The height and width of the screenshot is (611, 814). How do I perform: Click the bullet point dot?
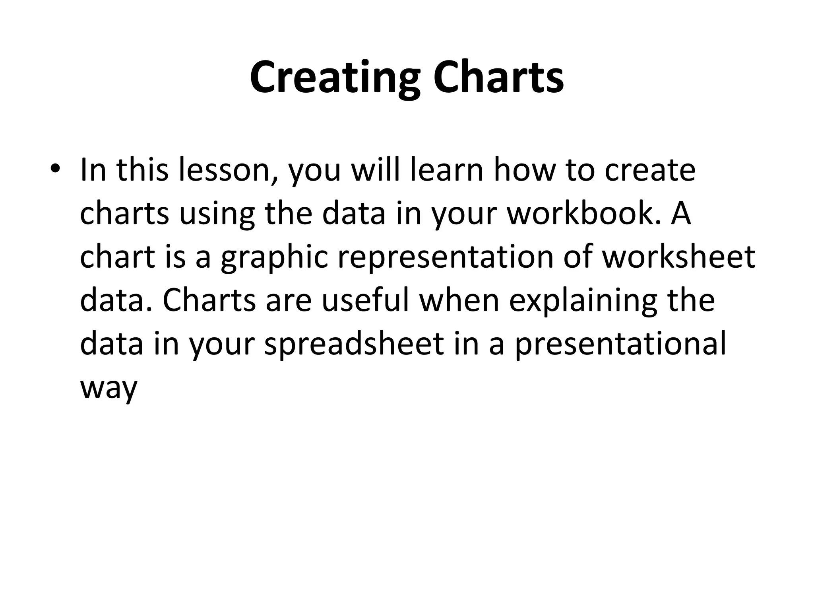click(55, 169)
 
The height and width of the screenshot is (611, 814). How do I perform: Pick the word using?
click(217, 214)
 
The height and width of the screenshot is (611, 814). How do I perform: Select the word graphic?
click(274, 257)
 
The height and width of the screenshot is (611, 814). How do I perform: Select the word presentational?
click(620, 344)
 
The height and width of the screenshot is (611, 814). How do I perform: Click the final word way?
click(109, 388)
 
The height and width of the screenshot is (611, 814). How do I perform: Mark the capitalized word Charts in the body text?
click(209, 300)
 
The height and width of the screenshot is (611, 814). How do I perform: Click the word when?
click(459, 300)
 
